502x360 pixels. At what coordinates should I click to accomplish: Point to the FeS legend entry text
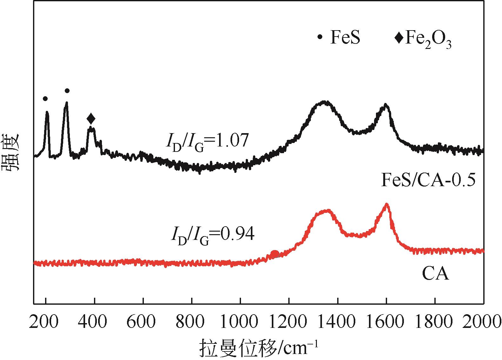click(x=345, y=37)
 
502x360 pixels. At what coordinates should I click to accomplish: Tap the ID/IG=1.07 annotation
click(x=206, y=141)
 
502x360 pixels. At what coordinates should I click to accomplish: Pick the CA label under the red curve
click(x=435, y=274)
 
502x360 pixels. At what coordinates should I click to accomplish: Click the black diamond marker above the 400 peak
click(x=91, y=119)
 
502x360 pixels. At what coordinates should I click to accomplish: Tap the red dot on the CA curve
click(x=275, y=254)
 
